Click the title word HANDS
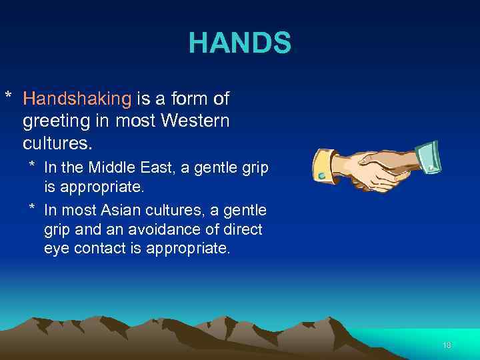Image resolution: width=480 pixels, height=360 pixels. click(x=240, y=43)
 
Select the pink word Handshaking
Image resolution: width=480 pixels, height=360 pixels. click(x=77, y=99)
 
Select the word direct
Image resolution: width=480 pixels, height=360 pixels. click(x=243, y=230)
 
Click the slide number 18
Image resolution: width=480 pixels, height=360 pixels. click(x=446, y=345)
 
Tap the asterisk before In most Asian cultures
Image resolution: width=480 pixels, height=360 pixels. click(x=31, y=209)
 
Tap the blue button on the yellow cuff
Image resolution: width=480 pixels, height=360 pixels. click(x=322, y=175)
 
